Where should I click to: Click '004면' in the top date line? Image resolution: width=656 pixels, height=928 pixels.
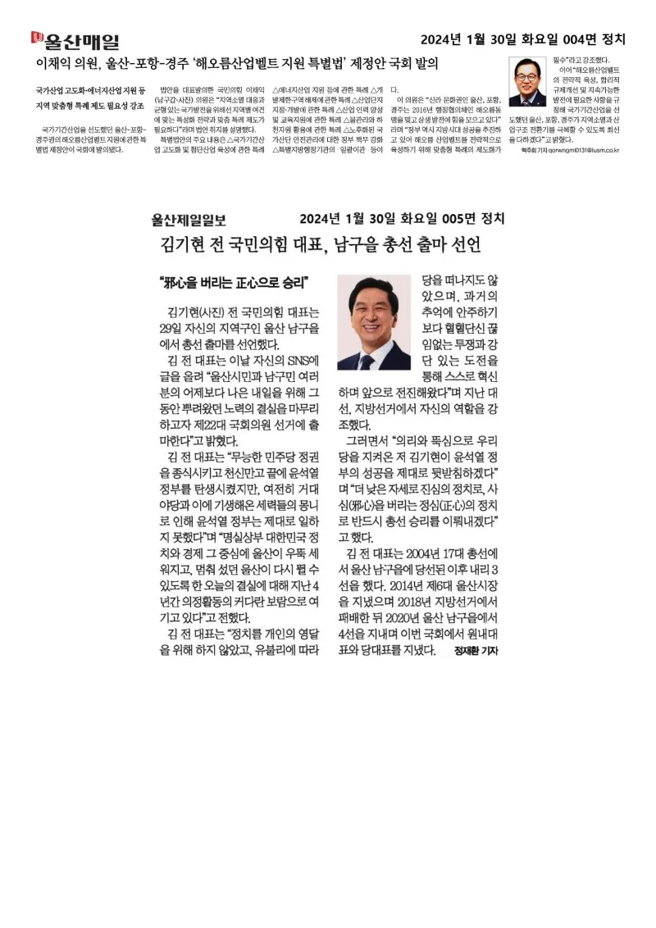click(574, 39)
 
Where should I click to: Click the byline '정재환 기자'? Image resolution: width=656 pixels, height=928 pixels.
click(476, 650)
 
